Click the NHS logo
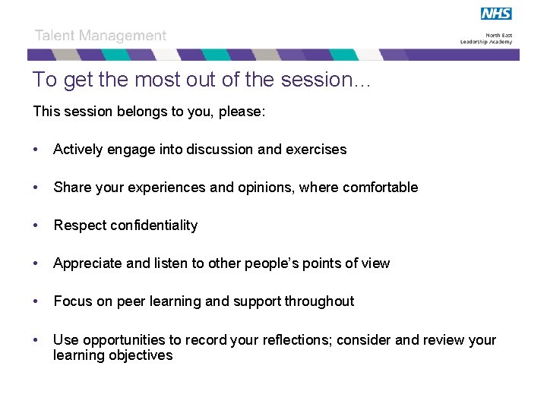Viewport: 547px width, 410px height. pos(496,14)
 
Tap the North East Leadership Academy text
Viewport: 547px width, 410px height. pos(486,38)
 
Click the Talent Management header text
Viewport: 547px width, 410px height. pos(100,36)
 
